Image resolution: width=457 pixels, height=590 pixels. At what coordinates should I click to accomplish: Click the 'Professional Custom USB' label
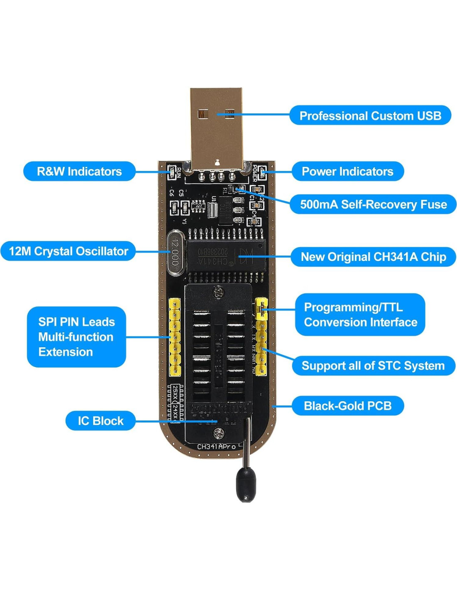click(370, 116)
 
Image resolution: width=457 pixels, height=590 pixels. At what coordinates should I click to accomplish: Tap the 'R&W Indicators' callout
click(79, 171)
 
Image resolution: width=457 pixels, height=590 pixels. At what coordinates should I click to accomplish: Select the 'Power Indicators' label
click(347, 171)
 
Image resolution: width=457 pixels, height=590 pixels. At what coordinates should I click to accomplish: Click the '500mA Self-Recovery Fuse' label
click(373, 204)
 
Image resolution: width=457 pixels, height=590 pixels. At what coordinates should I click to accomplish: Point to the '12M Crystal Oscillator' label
click(68, 251)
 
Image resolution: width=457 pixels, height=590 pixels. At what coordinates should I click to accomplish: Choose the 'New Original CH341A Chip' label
click(373, 257)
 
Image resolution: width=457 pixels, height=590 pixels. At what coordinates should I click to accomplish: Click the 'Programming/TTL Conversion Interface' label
click(360, 315)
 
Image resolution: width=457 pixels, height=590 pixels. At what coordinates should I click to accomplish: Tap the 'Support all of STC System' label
click(373, 366)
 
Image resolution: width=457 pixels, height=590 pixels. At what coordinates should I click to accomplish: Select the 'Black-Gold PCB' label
click(347, 405)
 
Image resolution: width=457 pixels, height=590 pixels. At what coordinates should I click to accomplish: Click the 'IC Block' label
click(101, 421)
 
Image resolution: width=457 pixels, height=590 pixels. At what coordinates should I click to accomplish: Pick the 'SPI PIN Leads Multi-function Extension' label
click(76, 337)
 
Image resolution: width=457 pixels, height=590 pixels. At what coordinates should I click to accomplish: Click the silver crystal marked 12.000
click(175, 253)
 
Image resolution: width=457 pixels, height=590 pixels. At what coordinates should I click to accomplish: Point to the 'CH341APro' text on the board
click(216, 446)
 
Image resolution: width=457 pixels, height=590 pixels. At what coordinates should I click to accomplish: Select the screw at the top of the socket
click(218, 293)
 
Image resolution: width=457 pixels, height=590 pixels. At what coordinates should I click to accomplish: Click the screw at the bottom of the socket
click(218, 434)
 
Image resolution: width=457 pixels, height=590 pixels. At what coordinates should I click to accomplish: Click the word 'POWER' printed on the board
click(255, 173)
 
